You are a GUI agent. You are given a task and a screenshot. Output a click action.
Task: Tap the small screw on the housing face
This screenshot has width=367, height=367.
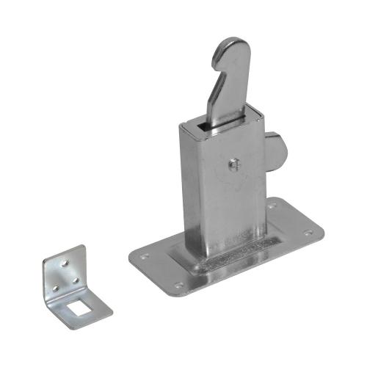pos(233,164)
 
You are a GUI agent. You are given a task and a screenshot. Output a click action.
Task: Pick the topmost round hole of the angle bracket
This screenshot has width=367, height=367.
pos(65,261)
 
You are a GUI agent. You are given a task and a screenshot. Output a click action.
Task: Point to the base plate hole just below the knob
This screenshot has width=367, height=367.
pos(273,206)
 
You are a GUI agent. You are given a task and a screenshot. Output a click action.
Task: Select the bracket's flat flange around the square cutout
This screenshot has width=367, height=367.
pos(92,304)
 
